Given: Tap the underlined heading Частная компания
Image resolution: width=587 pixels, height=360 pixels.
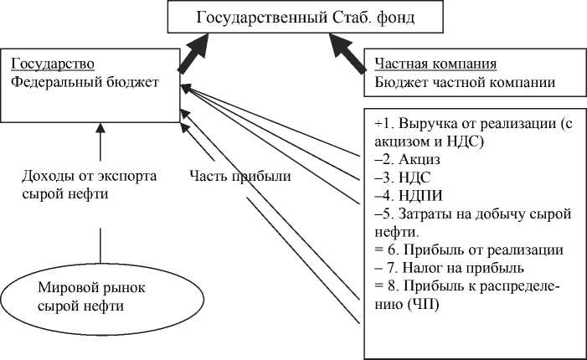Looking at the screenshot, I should pos(436,64).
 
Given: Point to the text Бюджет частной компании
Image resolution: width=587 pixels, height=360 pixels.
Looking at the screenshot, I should pos(465,82).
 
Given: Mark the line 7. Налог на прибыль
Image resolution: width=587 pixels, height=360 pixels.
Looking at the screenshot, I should pos(449,268).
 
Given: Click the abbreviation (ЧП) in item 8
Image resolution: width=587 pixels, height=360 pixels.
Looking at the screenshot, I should pos(425,305).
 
